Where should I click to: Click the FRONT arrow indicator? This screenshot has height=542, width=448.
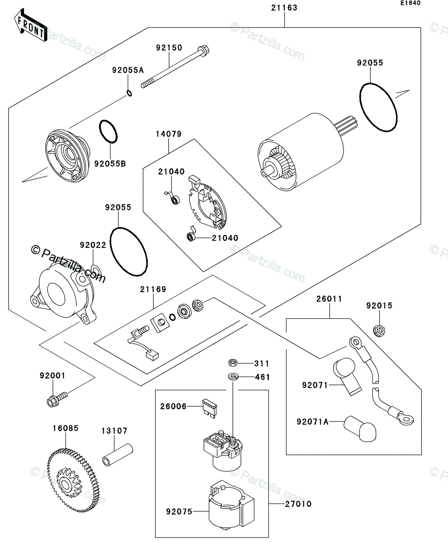pyautogui.click(x=31, y=26)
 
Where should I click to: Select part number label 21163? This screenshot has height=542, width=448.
pyautogui.click(x=285, y=8)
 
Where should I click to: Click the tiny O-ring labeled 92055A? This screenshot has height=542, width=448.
pyautogui.click(x=129, y=93)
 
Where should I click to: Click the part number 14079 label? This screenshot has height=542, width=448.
pyautogui.click(x=169, y=134)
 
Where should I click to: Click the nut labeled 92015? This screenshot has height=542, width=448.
pyautogui.click(x=379, y=331)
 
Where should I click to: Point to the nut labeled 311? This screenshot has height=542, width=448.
pyautogui.click(x=233, y=363)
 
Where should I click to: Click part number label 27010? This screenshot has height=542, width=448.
pyautogui.click(x=298, y=504)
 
